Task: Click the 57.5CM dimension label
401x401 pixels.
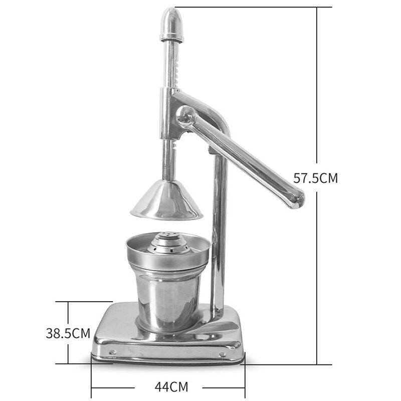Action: pos(315,178)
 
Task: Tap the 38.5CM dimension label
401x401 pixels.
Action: pos(68,333)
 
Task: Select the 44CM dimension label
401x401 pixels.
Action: pos(167,387)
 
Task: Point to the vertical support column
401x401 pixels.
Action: pos(219,236)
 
